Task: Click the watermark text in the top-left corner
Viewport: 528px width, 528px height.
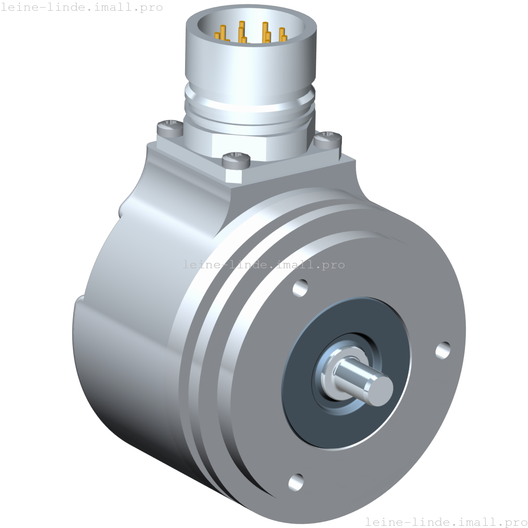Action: pyautogui.click(x=81, y=8)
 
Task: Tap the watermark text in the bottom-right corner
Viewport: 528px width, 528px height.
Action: pyautogui.click(x=446, y=521)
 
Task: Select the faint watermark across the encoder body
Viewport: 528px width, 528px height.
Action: pyautogui.click(x=263, y=265)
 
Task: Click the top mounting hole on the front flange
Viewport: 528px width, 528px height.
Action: pyautogui.click(x=301, y=287)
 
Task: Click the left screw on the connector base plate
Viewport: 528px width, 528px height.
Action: pyautogui.click(x=169, y=128)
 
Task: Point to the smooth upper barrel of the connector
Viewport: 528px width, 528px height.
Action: pyautogui.click(x=250, y=63)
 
